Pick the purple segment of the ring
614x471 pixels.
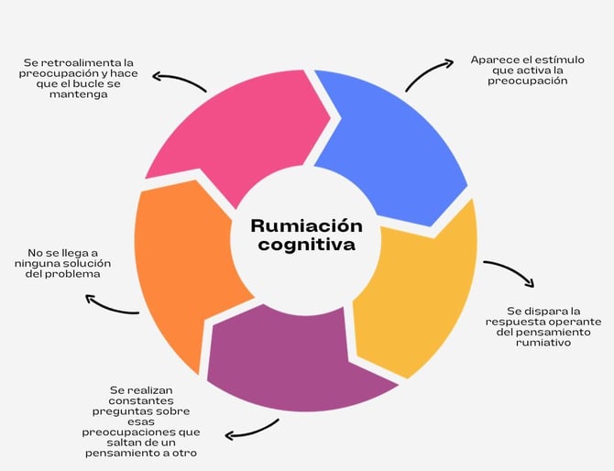click(298, 360)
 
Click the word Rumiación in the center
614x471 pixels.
click(307, 226)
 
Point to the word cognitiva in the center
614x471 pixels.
click(307, 245)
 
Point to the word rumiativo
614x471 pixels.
click(543, 343)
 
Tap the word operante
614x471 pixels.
click(575, 323)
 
